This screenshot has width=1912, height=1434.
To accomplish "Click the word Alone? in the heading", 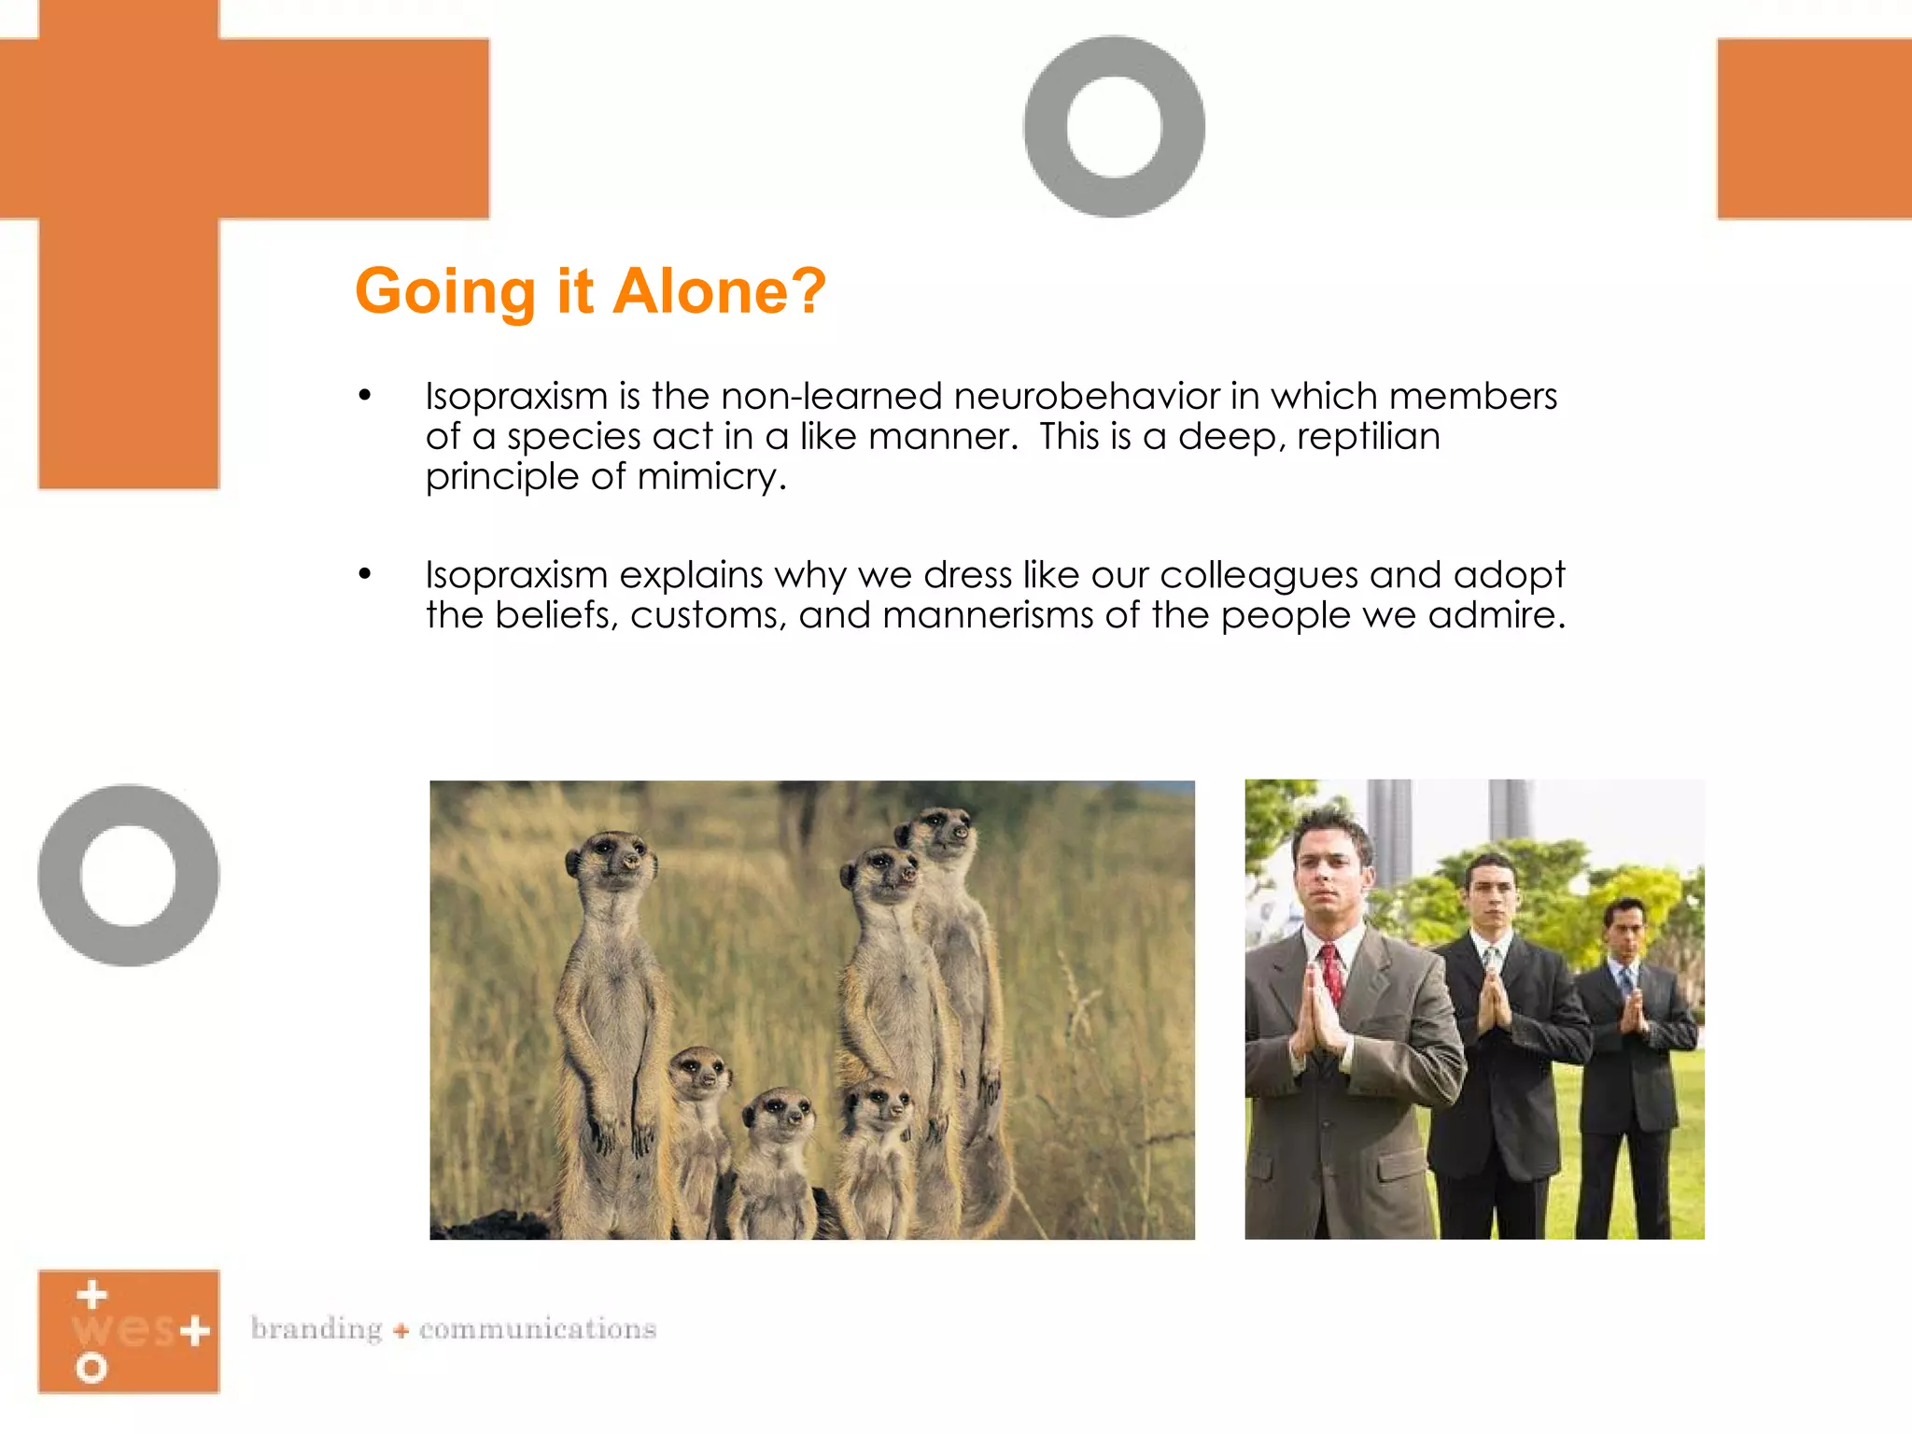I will [x=719, y=291].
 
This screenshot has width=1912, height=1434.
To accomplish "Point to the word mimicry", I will [x=711, y=477].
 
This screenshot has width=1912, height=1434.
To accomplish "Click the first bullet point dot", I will [x=365, y=397].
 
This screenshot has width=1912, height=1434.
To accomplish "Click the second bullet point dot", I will [x=365, y=574].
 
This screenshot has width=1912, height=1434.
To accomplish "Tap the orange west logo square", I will [x=129, y=1331].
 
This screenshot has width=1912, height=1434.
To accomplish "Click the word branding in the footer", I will [x=316, y=1329].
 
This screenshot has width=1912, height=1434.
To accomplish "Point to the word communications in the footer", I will [x=538, y=1329].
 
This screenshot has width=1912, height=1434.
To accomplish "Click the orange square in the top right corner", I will [x=1814, y=129].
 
